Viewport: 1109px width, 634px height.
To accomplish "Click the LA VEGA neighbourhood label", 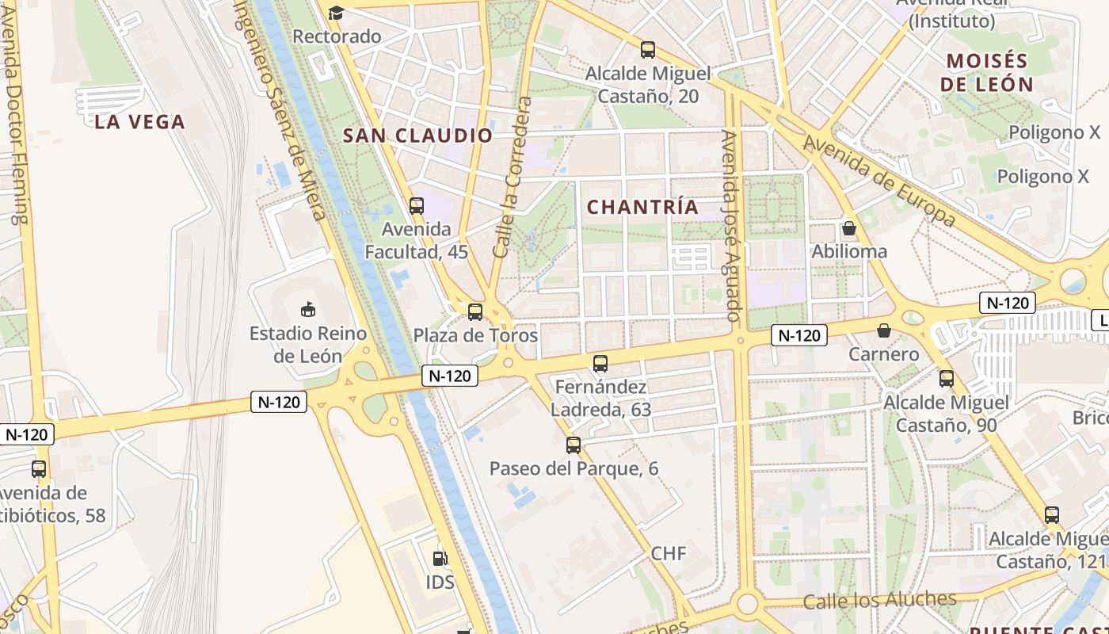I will [139, 122].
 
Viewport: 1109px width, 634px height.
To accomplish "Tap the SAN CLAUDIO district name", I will [417, 136].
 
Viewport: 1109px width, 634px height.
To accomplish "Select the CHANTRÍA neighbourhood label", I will [643, 208].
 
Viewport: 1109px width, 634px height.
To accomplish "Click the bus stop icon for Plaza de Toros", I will [475, 312].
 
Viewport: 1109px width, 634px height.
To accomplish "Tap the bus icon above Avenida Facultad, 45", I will [417, 206].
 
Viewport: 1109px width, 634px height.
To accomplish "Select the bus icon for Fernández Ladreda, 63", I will [600, 364].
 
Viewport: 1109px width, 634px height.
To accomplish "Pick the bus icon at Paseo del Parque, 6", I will [574, 445].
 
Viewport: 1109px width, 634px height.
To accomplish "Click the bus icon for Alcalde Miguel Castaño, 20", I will [648, 50].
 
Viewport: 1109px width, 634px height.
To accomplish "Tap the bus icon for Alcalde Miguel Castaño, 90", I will [947, 379].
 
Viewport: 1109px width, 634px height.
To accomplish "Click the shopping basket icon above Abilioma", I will [849, 228].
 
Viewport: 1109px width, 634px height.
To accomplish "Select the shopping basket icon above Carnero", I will [883, 330].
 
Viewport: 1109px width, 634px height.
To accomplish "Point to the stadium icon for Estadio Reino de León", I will [308, 309].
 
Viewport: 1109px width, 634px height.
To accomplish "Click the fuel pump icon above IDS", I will [440, 558].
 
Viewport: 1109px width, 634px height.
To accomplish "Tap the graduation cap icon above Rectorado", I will [337, 13].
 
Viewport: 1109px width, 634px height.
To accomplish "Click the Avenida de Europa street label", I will [879, 181].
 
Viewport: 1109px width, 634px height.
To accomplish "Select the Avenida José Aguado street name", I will [732, 226].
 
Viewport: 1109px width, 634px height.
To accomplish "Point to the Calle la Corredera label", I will [512, 178].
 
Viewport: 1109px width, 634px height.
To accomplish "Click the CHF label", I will [669, 553].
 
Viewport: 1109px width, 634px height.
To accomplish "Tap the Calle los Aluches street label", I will [879, 600].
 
